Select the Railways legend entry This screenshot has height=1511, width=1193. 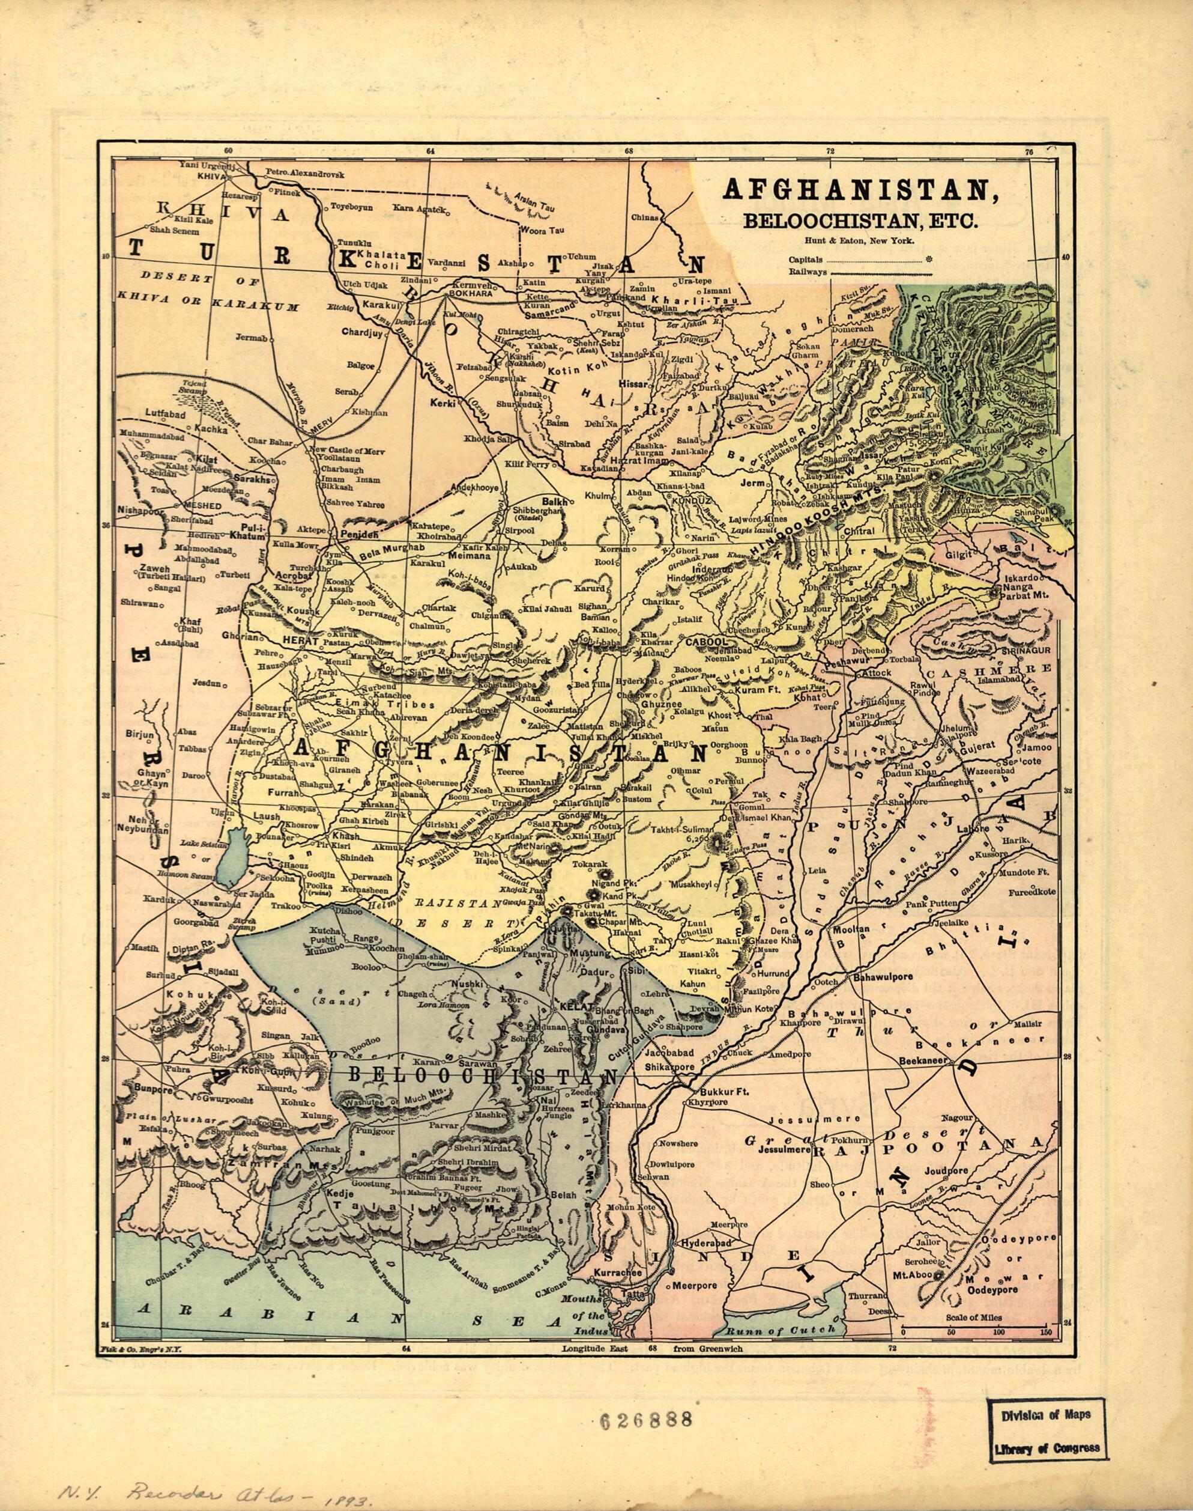[808, 273]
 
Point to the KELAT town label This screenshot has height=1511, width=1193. [572, 1006]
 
